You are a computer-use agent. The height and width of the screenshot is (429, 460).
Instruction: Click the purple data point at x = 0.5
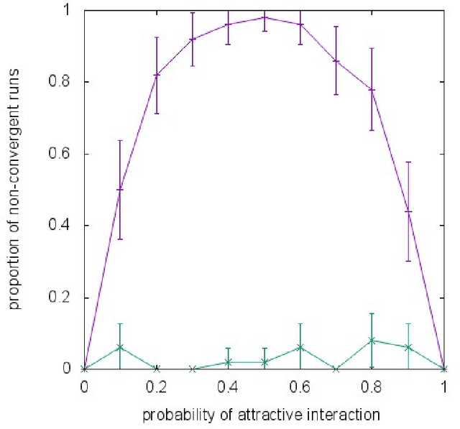(x=264, y=17)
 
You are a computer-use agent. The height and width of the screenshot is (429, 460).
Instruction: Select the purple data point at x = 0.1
(x=120, y=189)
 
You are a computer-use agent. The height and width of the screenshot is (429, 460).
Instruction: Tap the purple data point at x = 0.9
(x=408, y=211)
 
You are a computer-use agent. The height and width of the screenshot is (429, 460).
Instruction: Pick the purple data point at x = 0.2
(x=157, y=75)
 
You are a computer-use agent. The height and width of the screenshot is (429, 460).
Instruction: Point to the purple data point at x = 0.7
(x=336, y=61)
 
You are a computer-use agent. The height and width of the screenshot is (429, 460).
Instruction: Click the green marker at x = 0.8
(x=372, y=341)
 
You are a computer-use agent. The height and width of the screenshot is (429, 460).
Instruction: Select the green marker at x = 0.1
(x=120, y=347)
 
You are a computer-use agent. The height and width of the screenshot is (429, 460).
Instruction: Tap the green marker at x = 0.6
(x=300, y=347)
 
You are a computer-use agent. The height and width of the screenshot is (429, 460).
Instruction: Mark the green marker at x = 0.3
(x=193, y=369)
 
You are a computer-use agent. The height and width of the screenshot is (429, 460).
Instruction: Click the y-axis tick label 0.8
(x=68, y=82)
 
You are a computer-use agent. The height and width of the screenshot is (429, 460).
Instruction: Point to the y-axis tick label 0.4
(x=68, y=226)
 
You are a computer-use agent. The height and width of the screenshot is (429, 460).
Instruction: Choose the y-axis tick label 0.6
(x=68, y=154)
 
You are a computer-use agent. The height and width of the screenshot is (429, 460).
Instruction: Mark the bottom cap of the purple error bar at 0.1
(x=120, y=239)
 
